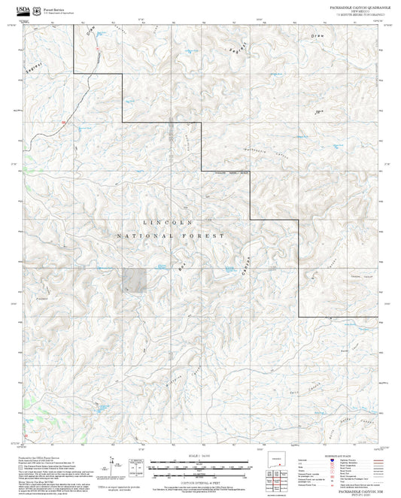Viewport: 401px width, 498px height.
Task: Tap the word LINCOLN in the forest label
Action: pyautogui.click(x=168, y=223)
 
